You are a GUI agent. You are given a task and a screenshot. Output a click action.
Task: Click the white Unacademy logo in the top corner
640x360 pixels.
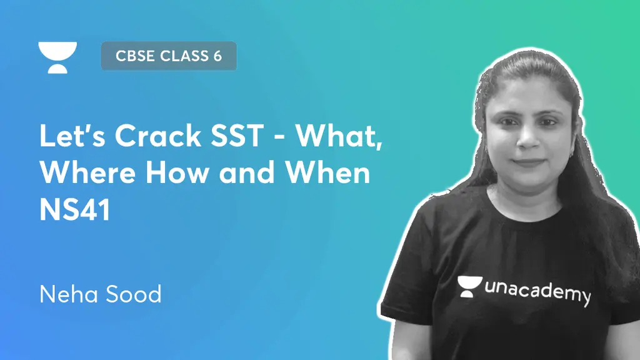tap(57, 57)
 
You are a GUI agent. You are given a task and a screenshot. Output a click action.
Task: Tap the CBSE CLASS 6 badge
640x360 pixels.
tap(168, 56)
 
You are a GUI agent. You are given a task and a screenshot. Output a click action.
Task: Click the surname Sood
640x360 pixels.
tap(132, 293)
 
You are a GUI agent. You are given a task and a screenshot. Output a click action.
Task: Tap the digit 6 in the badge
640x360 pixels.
tap(217, 56)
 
